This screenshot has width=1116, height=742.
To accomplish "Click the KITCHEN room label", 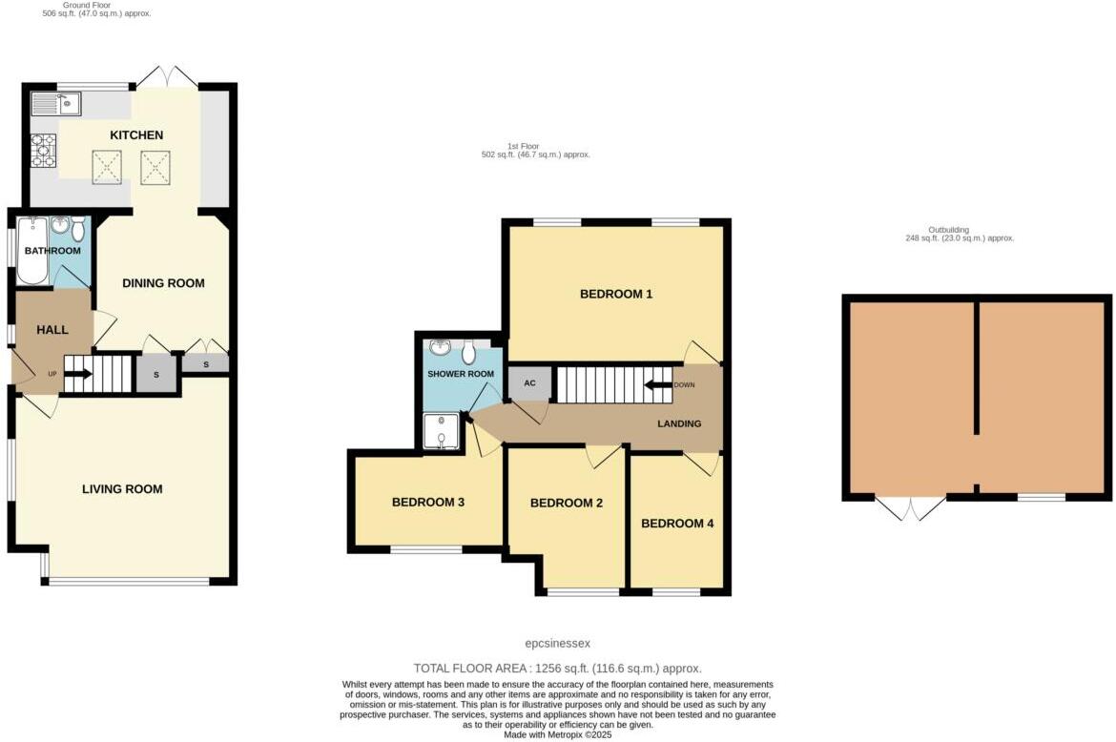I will pyautogui.click(x=136, y=135).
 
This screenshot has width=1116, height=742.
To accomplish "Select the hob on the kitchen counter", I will pyautogui.click(x=44, y=149).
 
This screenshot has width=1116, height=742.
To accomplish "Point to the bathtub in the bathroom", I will pyautogui.click(x=31, y=252).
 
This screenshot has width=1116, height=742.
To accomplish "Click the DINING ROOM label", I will pyautogui.click(x=163, y=283).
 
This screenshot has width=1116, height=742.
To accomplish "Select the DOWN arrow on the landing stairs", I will pyautogui.click(x=659, y=385).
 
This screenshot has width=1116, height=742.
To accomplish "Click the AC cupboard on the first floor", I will pyautogui.click(x=530, y=383).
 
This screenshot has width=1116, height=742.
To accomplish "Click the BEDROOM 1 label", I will pyautogui.click(x=616, y=294).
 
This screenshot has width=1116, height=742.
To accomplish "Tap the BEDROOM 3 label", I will pyautogui.click(x=427, y=502).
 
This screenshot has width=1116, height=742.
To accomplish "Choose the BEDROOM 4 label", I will pyautogui.click(x=676, y=524).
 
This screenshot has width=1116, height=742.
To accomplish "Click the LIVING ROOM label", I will pyautogui.click(x=122, y=489).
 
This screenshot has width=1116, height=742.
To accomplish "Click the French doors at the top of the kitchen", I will pyautogui.click(x=166, y=78).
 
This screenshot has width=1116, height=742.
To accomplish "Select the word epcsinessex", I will pyautogui.click(x=558, y=644).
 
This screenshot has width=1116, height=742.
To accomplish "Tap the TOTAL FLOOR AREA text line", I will pyautogui.click(x=558, y=669).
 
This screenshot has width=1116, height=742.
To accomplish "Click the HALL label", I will pyautogui.click(x=52, y=330).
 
